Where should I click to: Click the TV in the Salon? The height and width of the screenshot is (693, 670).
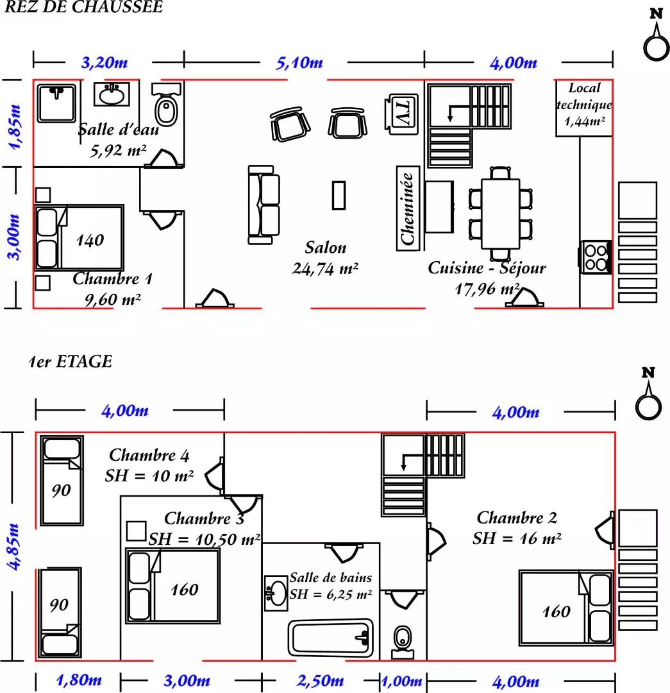(402, 114)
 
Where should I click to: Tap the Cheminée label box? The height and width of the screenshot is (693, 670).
(407, 208)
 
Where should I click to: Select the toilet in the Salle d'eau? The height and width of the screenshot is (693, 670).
(167, 105)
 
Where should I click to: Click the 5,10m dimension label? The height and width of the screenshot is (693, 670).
(299, 63)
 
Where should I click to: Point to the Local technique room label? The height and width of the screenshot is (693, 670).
(584, 105)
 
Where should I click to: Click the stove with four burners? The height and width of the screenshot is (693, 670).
(595, 257)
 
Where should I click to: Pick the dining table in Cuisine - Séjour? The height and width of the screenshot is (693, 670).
(500, 214)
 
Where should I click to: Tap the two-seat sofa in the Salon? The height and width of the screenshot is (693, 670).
(264, 205)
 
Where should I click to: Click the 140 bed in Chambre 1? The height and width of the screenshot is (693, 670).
(79, 237)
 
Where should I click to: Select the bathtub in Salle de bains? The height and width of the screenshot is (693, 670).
(330, 638)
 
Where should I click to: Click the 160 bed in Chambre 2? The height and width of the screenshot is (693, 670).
(566, 608)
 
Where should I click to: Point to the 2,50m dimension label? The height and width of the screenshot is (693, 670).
(320, 681)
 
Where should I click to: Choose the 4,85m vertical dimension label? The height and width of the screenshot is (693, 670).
(13, 547)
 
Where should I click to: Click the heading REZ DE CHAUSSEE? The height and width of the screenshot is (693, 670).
(83, 7)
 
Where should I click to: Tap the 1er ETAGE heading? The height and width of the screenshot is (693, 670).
(71, 361)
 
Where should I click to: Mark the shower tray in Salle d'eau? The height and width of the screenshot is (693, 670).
(56, 103)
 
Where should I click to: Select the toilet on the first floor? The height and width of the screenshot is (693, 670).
(403, 642)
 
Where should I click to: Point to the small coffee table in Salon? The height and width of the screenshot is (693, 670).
(339, 195)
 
